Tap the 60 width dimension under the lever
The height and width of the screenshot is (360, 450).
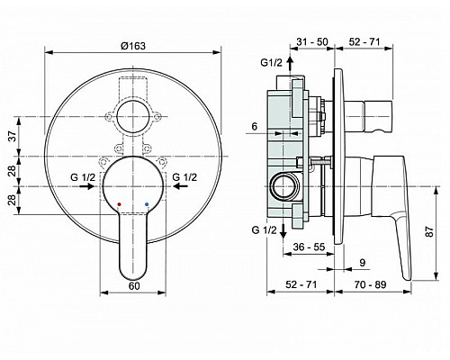click(133, 285)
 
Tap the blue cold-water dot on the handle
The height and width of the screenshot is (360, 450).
click(148, 204)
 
